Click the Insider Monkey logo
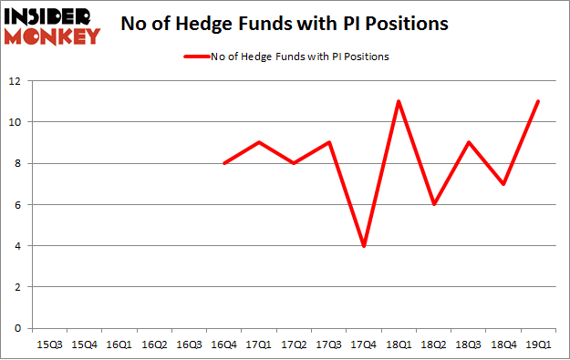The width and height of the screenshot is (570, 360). click(52, 26)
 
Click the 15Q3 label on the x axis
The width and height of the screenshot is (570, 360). click(48, 345)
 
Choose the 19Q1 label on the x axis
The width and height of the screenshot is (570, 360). click(537, 345)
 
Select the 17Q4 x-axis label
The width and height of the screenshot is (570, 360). click(363, 345)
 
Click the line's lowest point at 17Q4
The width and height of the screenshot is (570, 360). click(363, 246)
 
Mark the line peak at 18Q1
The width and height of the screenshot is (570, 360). click(399, 101)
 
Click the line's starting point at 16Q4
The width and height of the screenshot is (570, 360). click(223, 163)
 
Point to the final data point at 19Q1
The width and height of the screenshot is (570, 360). click(537, 101)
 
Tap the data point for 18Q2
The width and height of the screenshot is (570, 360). click(433, 204)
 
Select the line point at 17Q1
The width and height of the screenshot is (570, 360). click(258, 142)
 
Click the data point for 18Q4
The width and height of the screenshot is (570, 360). click(503, 184)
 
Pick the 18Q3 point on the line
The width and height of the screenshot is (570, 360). click(468, 142)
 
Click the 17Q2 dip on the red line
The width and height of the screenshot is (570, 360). click(294, 163)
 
